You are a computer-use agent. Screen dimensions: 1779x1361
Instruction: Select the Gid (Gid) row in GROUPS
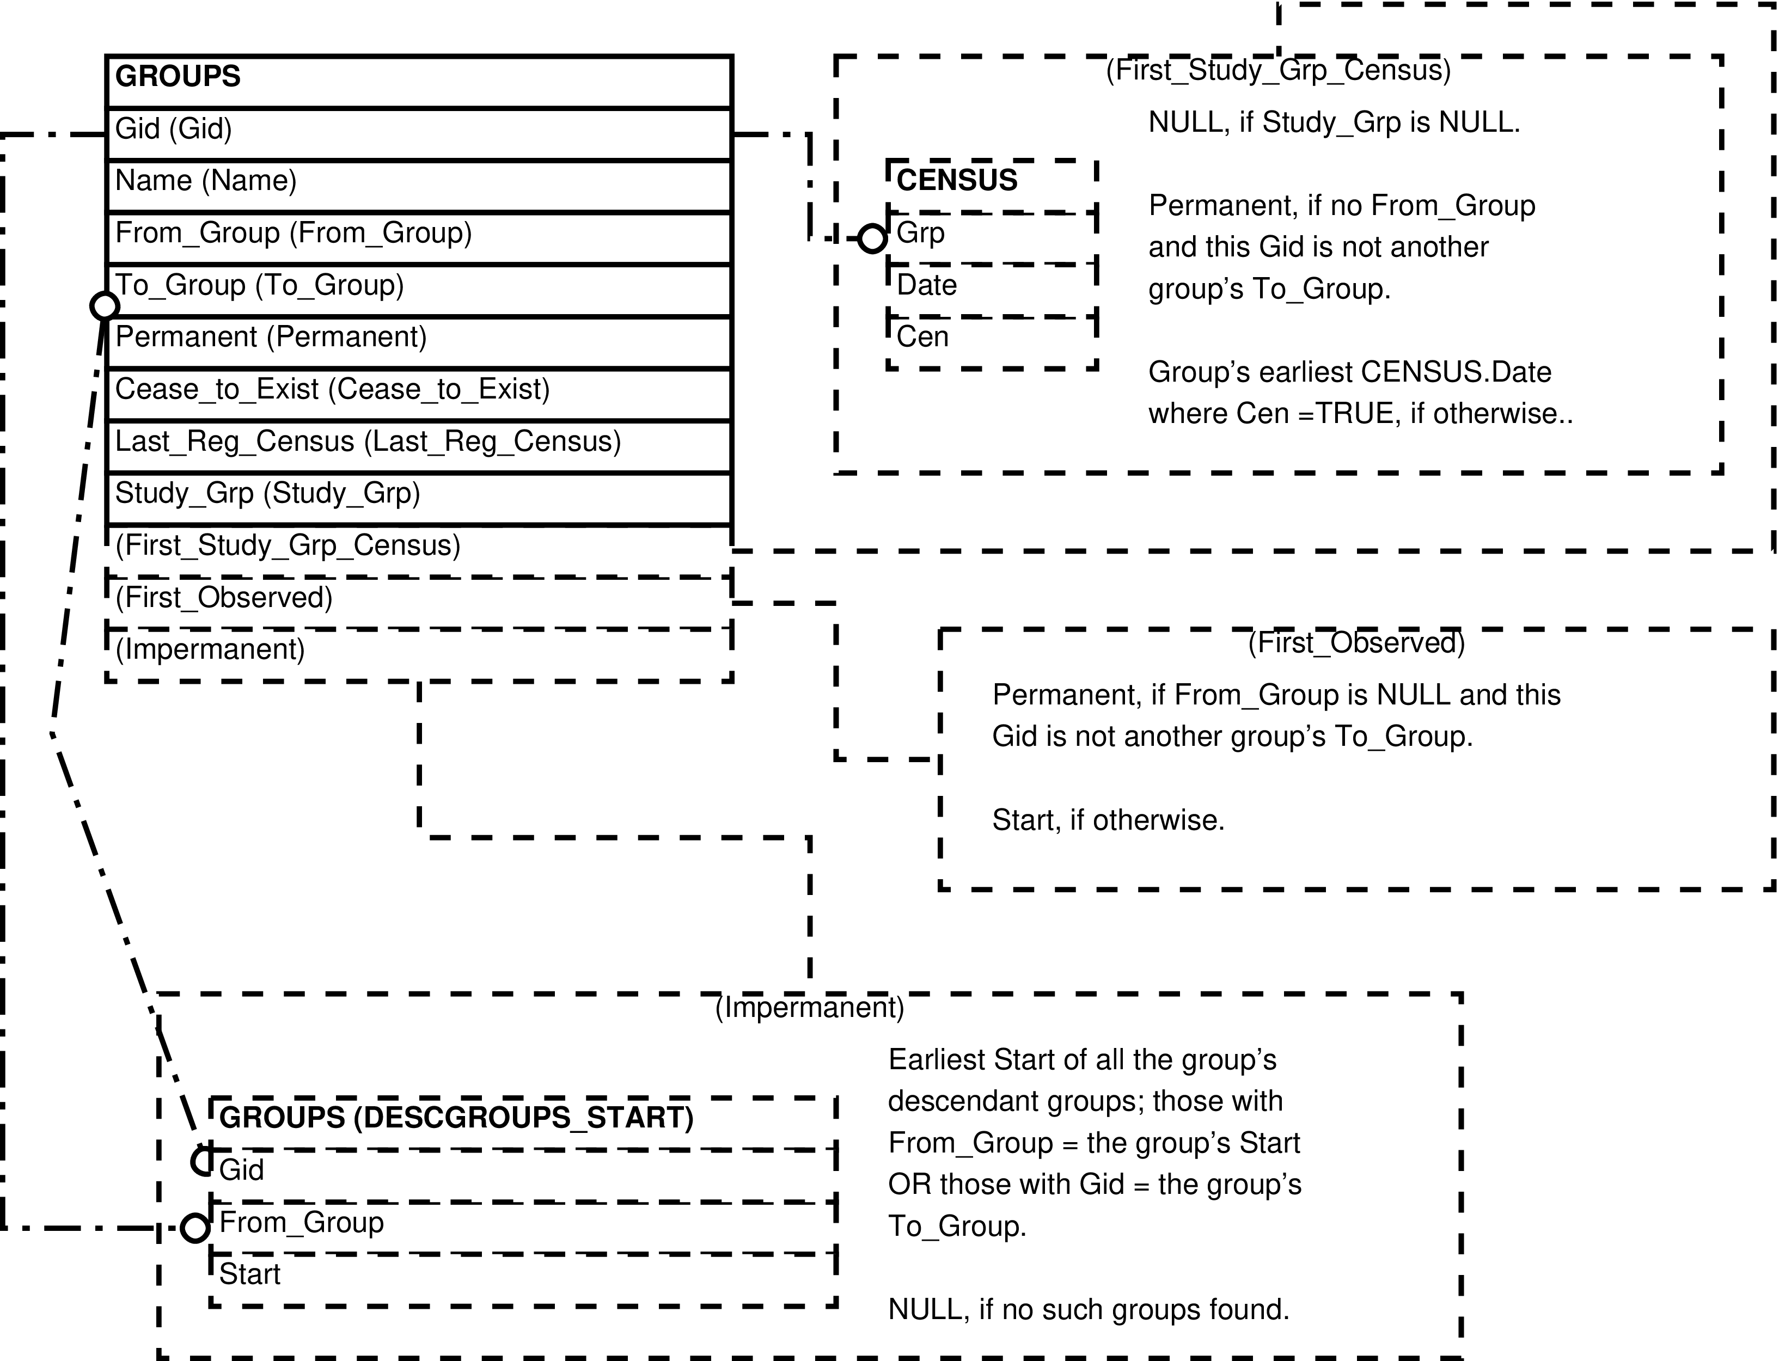coord(419,134)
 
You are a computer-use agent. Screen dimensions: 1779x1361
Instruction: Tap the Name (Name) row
coord(419,186)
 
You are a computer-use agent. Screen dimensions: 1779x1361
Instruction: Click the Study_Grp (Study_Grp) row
coord(419,498)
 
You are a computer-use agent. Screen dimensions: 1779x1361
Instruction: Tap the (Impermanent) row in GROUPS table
coord(419,654)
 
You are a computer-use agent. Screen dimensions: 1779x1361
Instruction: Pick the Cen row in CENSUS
coord(992,342)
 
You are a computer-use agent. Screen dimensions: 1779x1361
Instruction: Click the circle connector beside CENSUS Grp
coord(872,238)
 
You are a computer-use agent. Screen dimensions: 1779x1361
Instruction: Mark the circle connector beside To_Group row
coord(105,305)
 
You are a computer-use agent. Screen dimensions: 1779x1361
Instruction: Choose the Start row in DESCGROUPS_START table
coord(523,1279)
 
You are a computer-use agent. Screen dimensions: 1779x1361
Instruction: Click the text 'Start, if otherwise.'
coord(1108,820)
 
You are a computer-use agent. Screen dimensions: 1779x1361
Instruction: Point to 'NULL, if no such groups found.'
coord(1089,1309)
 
